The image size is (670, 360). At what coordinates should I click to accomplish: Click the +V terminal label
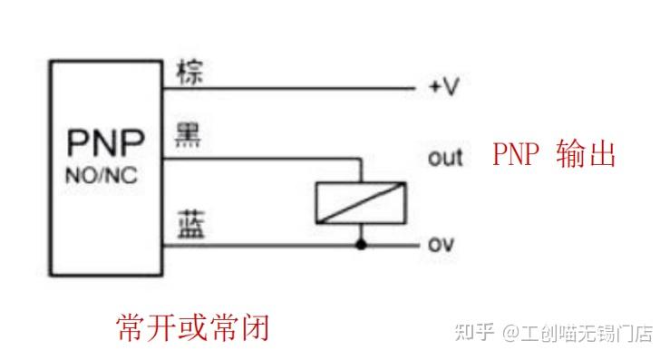pyautogui.click(x=444, y=89)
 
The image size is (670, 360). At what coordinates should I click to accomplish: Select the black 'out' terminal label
pyautogui.click(x=445, y=158)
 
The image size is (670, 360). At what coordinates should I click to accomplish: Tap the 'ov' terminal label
pyautogui.click(x=441, y=245)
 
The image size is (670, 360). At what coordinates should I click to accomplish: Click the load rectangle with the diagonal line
pyautogui.click(x=360, y=202)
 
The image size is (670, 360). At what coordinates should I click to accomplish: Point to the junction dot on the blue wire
pyautogui.click(x=361, y=245)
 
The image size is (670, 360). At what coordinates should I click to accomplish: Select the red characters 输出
pyautogui.click(x=588, y=154)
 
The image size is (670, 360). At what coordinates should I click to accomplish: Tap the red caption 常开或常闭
pyautogui.click(x=193, y=326)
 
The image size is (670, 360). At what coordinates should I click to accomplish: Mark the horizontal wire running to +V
pyautogui.click(x=290, y=89)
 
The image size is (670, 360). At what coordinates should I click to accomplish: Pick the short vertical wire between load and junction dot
pyautogui.click(x=361, y=234)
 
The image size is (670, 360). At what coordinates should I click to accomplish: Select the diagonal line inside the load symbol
pyautogui.click(x=360, y=202)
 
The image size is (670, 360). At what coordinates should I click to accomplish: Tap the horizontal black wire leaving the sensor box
pyautogui.click(x=254, y=157)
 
